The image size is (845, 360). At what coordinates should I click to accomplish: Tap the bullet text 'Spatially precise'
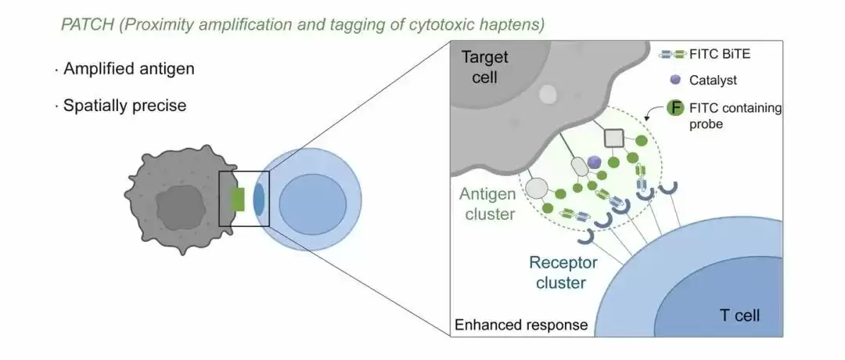(125, 105)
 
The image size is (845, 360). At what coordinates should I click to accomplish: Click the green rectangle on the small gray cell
(238, 199)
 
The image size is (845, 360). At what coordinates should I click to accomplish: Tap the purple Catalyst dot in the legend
(674, 80)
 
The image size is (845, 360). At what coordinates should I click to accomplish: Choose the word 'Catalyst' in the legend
(714, 80)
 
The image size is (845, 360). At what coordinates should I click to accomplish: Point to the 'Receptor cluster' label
(561, 272)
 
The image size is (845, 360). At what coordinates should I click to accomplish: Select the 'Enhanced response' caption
(520, 324)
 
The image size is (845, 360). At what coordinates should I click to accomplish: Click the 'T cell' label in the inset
(739, 316)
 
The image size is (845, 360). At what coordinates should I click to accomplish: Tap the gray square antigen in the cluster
(614, 139)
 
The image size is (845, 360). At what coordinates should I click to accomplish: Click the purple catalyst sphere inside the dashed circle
(595, 161)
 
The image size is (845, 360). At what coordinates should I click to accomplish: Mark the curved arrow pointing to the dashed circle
(652, 117)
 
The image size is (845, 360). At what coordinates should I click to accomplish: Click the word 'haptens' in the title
(513, 23)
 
